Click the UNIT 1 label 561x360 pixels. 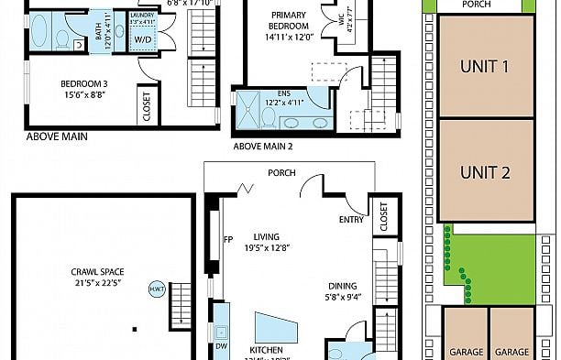pyautogui.click(x=485, y=66)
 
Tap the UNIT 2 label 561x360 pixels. pyautogui.click(x=485, y=172)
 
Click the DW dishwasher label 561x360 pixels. pyautogui.click(x=222, y=347)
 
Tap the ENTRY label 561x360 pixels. pyautogui.click(x=351, y=220)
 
